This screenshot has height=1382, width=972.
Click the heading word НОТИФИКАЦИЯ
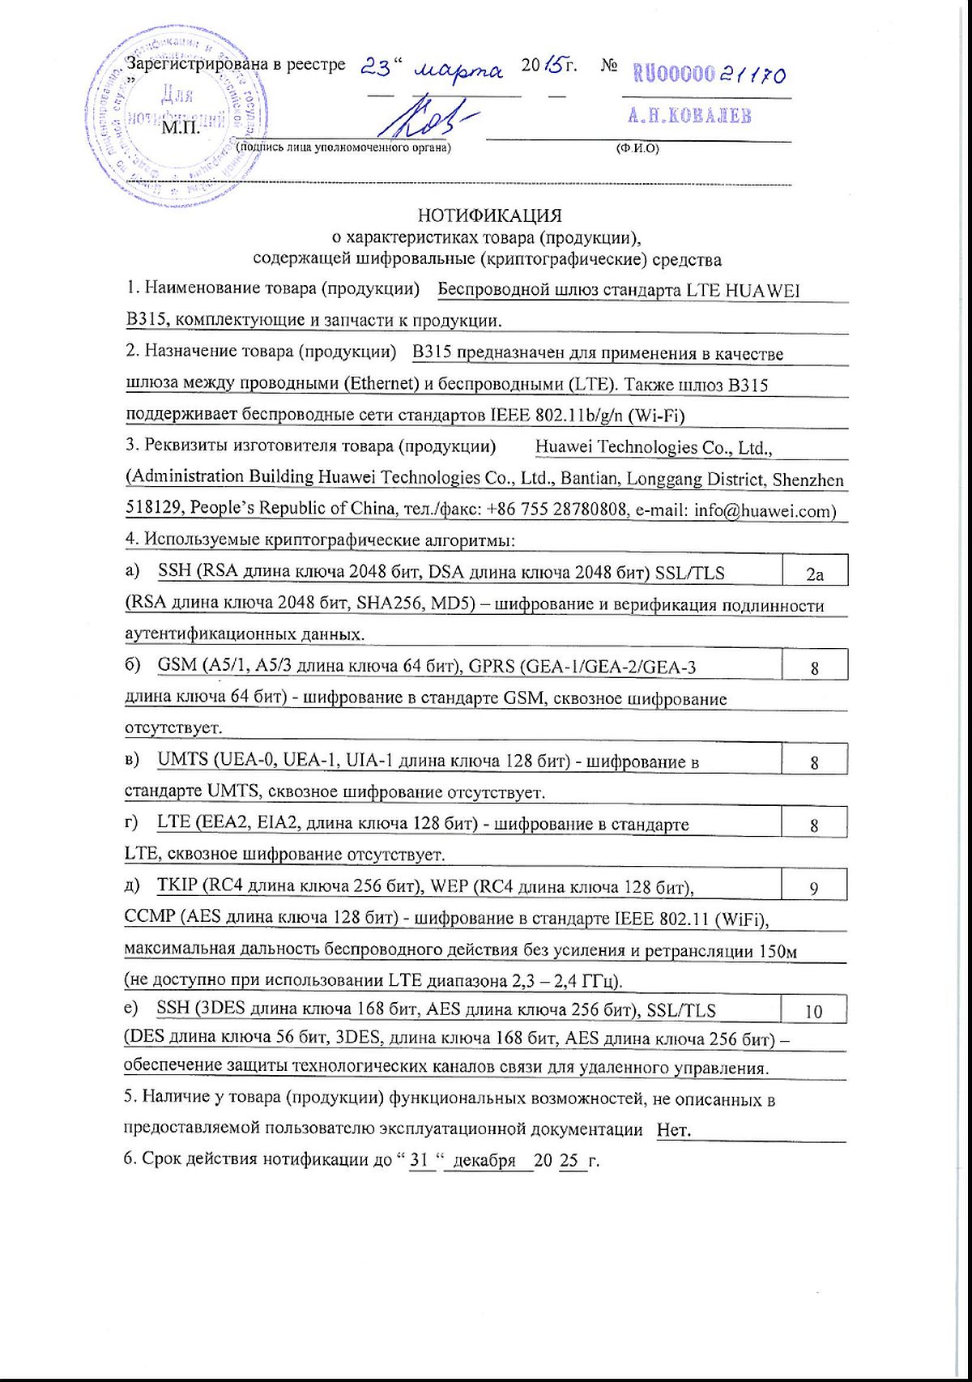click(489, 215)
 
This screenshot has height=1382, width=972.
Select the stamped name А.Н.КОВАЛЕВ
click(688, 116)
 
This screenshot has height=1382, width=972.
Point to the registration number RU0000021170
click(709, 75)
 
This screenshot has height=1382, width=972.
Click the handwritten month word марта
click(458, 70)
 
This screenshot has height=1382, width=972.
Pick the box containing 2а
click(814, 574)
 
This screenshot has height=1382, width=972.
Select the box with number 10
click(813, 1011)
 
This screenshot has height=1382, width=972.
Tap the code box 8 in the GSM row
click(814, 668)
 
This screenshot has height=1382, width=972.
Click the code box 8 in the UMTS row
click(814, 762)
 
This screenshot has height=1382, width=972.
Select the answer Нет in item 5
click(674, 1130)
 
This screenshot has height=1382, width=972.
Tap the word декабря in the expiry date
click(484, 1160)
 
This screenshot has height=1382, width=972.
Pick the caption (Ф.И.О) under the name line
click(637, 148)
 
